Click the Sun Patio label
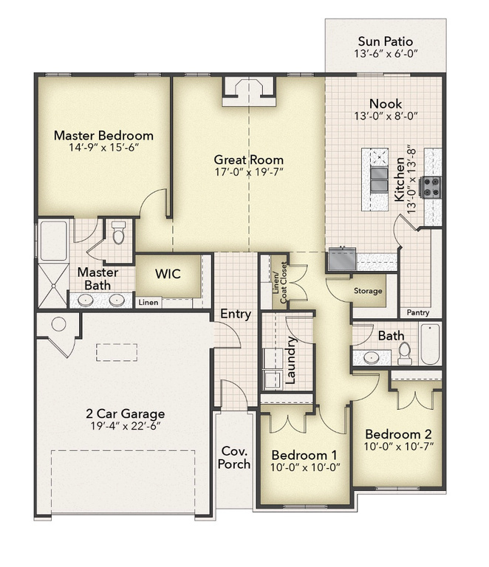point(385,41)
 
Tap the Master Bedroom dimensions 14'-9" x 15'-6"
point(104,148)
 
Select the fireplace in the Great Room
point(249,92)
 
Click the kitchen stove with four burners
point(431,188)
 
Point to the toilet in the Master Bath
point(118,233)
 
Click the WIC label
point(168,274)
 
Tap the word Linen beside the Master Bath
point(148,302)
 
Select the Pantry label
point(418,312)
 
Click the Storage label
point(368,291)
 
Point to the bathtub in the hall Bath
point(430,344)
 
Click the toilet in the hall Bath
point(404,354)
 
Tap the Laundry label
point(291,360)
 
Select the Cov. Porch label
point(234,458)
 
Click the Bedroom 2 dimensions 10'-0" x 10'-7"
point(399,447)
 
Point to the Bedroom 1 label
point(304,455)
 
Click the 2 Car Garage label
point(125,413)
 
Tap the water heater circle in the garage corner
point(58,324)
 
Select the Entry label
point(236,314)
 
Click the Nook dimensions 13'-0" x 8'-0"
point(386,116)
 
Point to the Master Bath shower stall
point(53,286)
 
